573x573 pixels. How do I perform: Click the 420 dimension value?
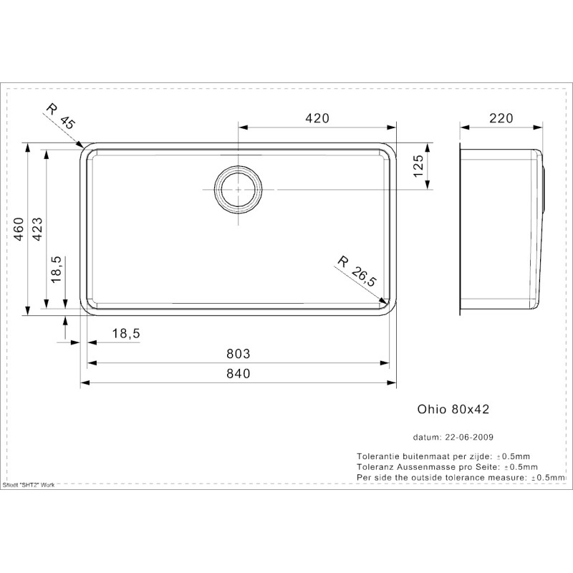317,118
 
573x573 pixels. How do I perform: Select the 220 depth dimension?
501,118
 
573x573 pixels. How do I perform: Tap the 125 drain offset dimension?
418,166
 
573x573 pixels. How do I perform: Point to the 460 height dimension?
19,229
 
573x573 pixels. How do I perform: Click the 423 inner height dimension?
37,229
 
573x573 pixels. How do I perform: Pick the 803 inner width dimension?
239,354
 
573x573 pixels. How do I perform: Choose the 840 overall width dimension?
239,373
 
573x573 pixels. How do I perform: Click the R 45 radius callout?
61,116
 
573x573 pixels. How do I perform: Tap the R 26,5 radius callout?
356,271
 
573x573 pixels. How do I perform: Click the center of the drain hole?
239,190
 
